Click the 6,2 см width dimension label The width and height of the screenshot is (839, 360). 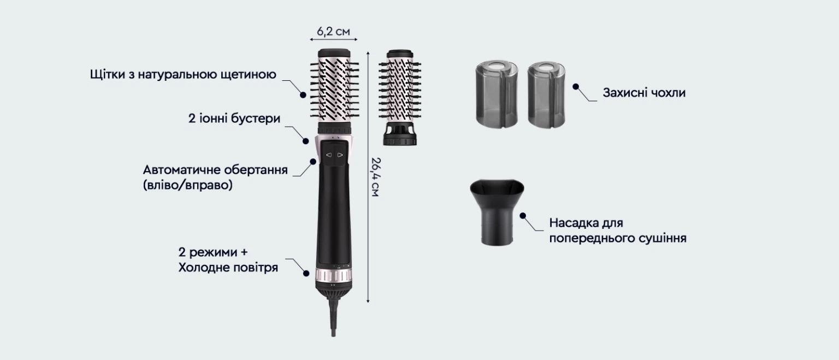(333, 32)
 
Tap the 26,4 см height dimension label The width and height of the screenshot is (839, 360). (375, 177)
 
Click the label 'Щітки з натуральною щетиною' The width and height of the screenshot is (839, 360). (183, 74)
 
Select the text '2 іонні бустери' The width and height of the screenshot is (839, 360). (234, 119)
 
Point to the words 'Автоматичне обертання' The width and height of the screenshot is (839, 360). (215, 170)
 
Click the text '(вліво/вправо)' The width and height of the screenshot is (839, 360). (188, 185)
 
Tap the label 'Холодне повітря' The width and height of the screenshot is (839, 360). (228, 268)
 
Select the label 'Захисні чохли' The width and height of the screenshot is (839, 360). (644, 93)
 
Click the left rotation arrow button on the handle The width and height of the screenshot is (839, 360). (328, 155)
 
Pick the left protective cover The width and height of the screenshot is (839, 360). (497, 95)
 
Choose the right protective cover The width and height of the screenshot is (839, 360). (546, 95)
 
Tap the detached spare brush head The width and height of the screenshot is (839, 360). (400, 97)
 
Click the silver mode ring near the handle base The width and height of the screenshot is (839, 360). (334, 275)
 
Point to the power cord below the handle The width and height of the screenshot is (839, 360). (333, 318)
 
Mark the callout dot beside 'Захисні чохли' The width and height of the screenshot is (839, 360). (576, 87)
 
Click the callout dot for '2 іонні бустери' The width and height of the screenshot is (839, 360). (306, 141)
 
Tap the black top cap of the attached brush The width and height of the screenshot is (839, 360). (334, 53)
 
